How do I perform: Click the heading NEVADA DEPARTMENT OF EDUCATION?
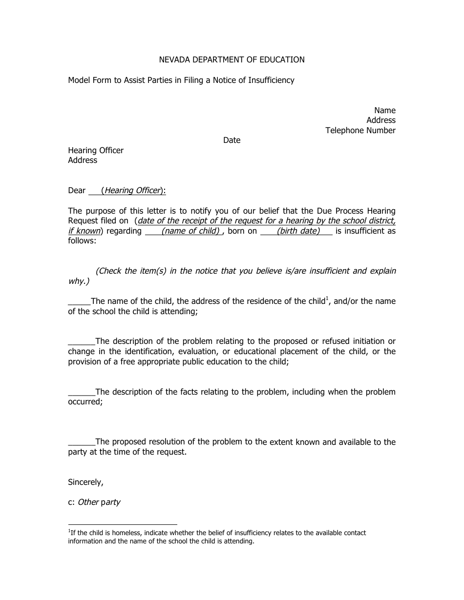(x=232, y=60)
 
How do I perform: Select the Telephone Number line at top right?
(x=360, y=130)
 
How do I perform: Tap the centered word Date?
(x=232, y=140)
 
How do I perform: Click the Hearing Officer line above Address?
(x=96, y=150)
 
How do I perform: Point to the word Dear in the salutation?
(x=77, y=191)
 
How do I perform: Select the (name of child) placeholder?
(x=191, y=231)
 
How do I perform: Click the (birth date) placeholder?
(x=298, y=231)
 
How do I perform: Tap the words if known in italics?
(x=84, y=231)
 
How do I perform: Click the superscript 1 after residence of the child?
(x=327, y=298)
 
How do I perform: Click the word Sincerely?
(x=85, y=482)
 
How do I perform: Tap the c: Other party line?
(x=94, y=502)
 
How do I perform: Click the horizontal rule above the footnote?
(x=122, y=525)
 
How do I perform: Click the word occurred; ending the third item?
(x=85, y=402)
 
